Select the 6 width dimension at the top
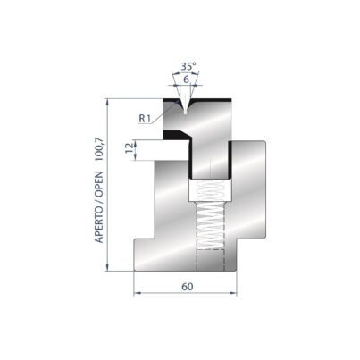click(186, 80)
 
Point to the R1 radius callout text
click(145, 119)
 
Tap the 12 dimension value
click(129, 147)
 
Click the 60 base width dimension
click(188, 287)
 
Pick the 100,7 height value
click(99, 149)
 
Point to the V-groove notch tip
click(185, 113)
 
